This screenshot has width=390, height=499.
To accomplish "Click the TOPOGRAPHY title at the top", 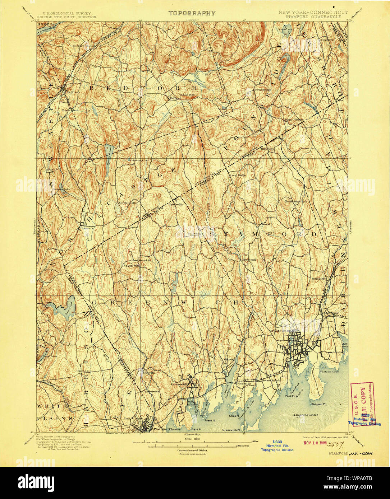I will click(x=192, y=13).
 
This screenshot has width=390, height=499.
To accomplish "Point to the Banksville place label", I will click(x=176, y=204).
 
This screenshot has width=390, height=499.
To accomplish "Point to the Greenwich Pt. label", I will click(x=231, y=430).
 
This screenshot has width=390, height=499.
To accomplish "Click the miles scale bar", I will click(x=194, y=442).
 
